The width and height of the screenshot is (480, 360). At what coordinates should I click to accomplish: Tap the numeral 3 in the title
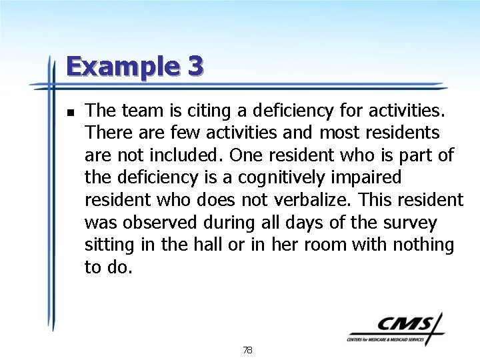[195, 67]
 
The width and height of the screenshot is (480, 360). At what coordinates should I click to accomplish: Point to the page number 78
[247, 350]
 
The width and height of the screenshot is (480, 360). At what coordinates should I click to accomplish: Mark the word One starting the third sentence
[245, 155]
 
